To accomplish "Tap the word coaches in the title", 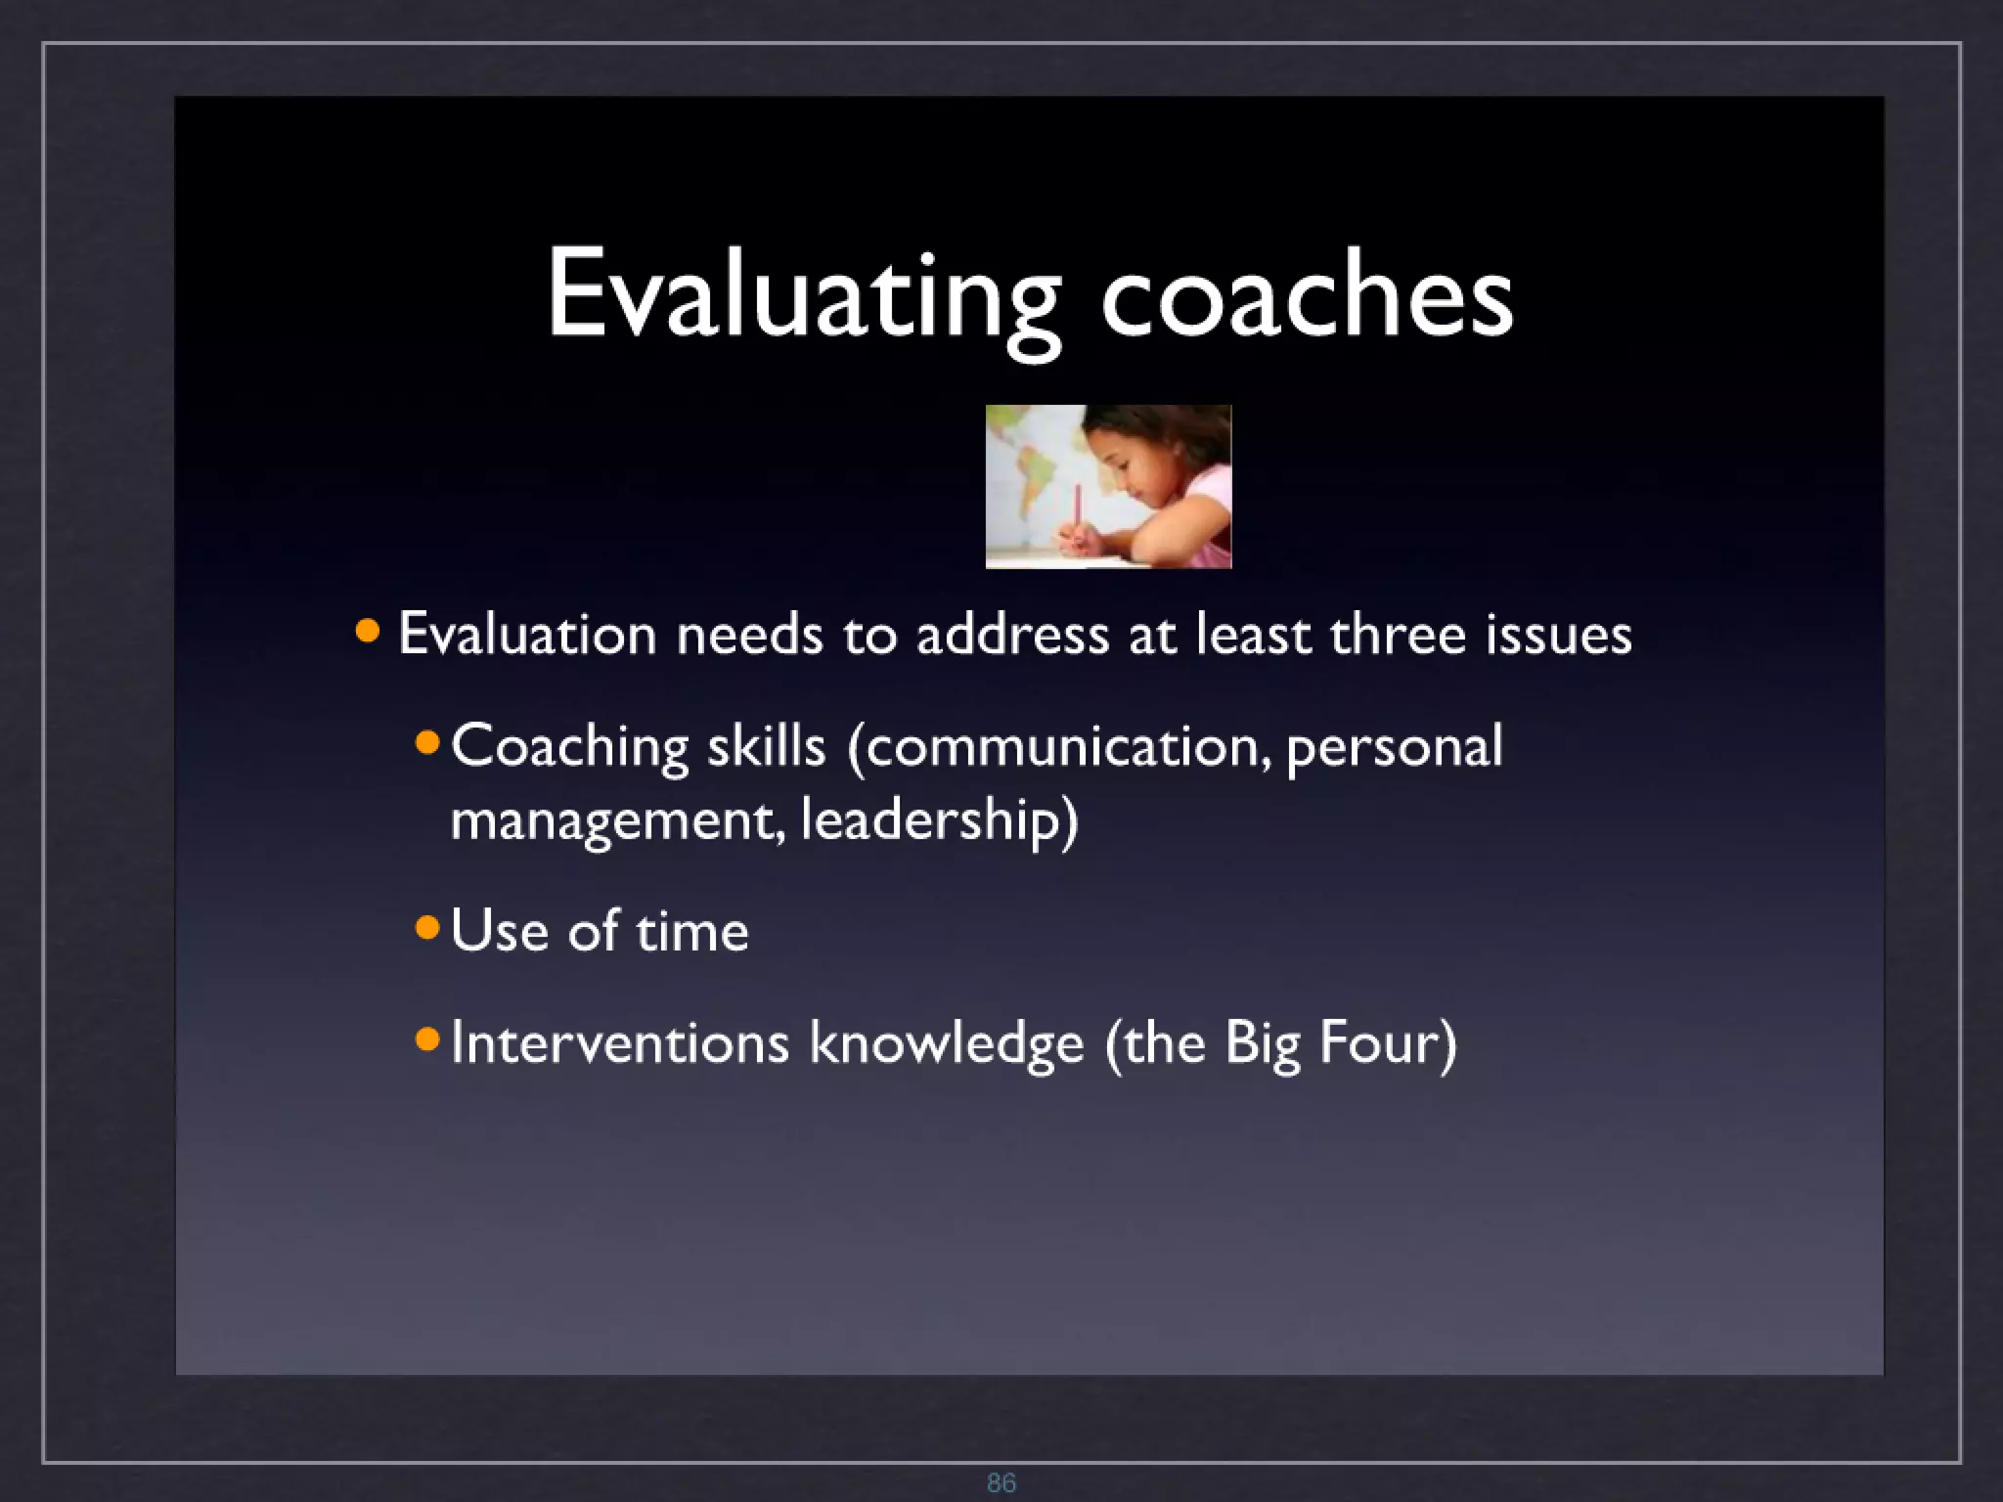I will pos(1307,293).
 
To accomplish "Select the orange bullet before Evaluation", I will pos(368,631).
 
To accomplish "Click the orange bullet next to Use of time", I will pos(427,927).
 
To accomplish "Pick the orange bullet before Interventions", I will pos(427,1038).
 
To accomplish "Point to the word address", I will pos(1012,634).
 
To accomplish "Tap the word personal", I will pos(1394,747).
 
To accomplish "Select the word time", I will pos(692,930).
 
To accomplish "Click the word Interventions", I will pos(619,1042).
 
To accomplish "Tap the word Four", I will pos(1387,1042).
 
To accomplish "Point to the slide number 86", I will pos(1001,1482).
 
